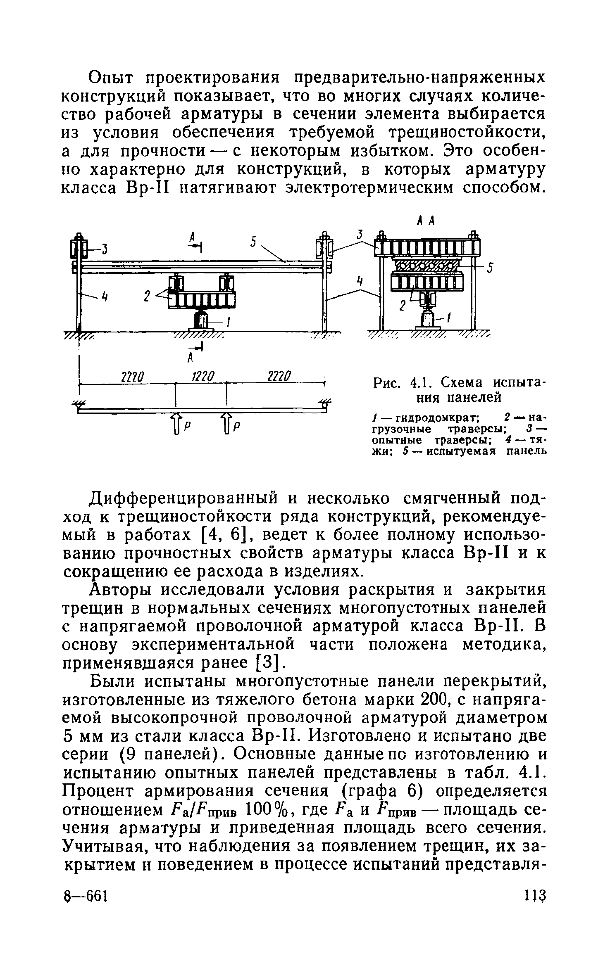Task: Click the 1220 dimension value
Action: (x=203, y=377)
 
